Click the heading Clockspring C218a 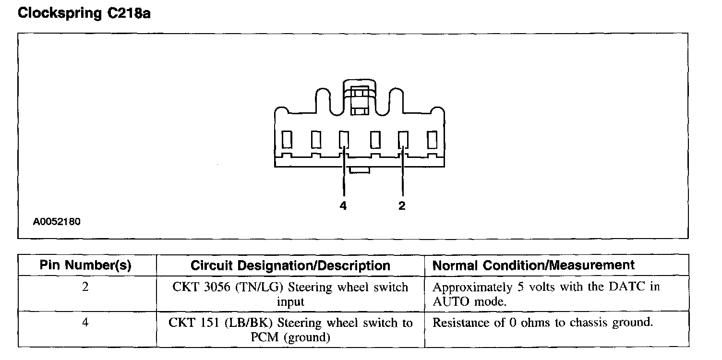click(84, 13)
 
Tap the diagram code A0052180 click(57, 222)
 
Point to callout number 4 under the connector click(343, 206)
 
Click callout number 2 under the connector click(402, 206)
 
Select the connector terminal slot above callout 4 click(344, 140)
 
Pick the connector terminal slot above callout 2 click(402, 140)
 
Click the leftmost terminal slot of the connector click(287, 140)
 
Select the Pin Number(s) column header click(85, 265)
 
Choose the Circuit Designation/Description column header click(290, 265)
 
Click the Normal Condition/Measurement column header click(533, 265)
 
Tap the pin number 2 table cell click(85, 288)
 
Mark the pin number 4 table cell click(85, 323)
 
